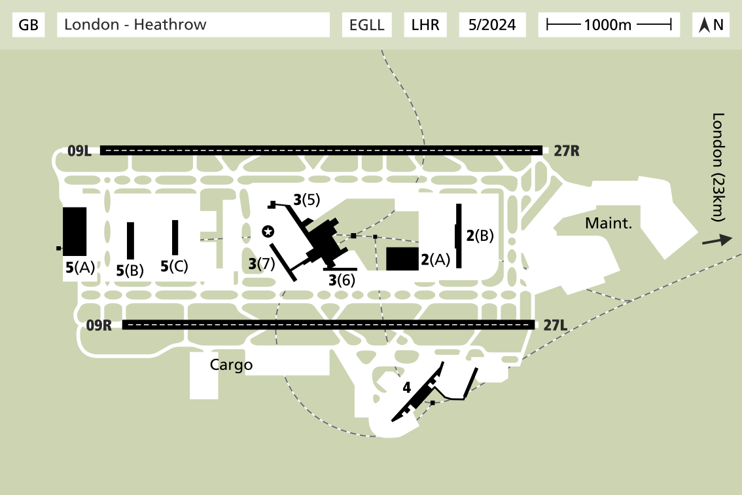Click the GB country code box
tap(29, 25)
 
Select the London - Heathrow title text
tap(194, 25)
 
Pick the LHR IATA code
tap(425, 25)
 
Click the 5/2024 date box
tap(492, 25)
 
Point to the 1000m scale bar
tap(609, 25)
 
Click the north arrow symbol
tap(711, 25)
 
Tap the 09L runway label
tap(79, 151)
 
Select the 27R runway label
tap(566, 151)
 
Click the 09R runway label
tap(99, 325)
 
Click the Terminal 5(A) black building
tap(75, 231)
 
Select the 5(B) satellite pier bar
tap(130, 240)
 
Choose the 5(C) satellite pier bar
tap(175, 237)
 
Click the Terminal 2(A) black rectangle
tap(402, 259)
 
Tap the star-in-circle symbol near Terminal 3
tap(268, 231)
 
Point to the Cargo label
tap(231, 365)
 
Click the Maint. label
tap(609, 223)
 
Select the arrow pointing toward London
tap(716, 240)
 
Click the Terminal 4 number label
tap(406, 388)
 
